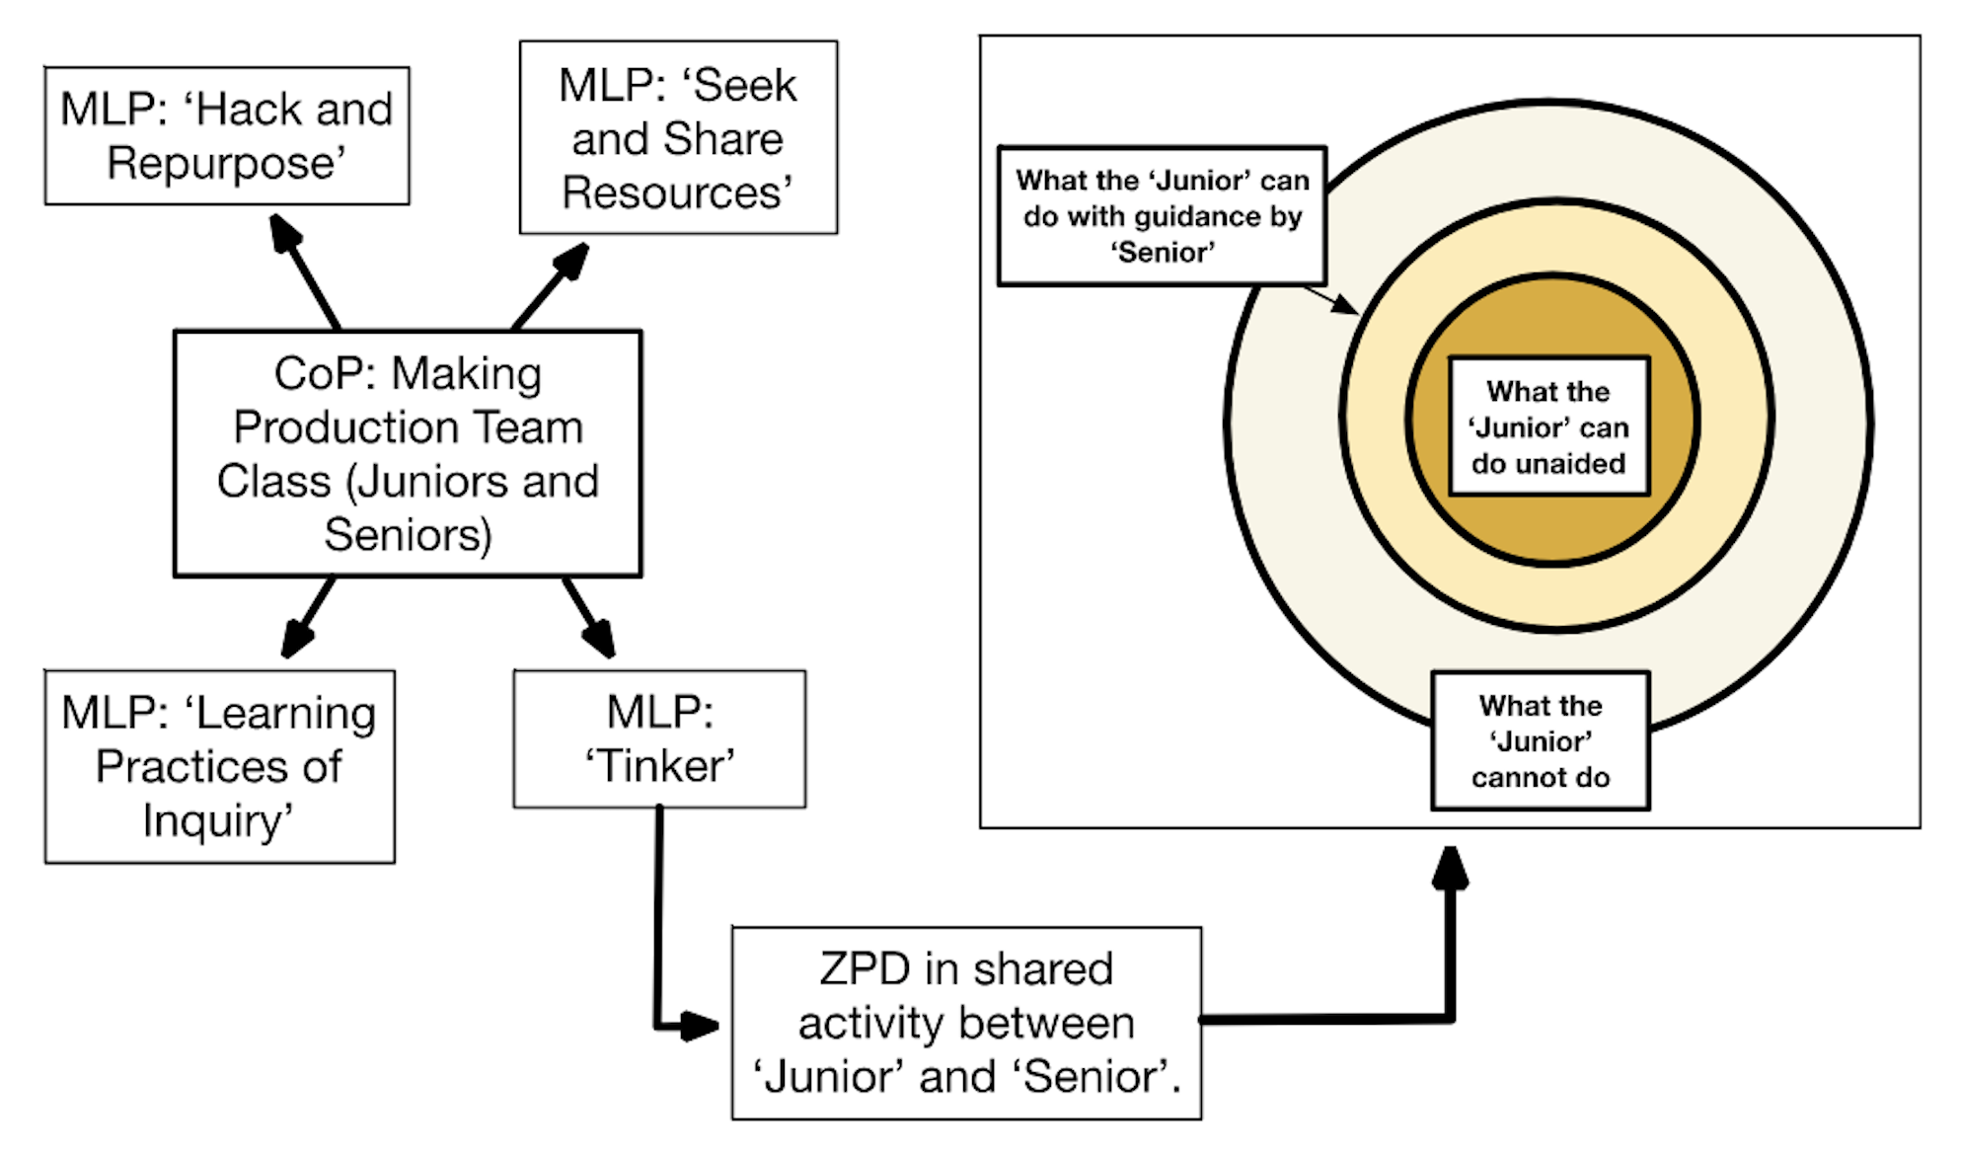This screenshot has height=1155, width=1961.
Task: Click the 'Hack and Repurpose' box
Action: [227, 136]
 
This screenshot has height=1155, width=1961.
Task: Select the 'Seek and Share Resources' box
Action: [678, 137]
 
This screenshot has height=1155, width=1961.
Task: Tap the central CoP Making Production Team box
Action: [408, 453]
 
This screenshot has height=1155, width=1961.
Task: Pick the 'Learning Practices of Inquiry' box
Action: [219, 766]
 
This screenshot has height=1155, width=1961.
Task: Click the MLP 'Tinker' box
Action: [659, 738]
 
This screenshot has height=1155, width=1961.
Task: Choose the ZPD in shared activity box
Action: [966, 1023]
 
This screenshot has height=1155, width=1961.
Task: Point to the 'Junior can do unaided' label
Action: [1548, 426]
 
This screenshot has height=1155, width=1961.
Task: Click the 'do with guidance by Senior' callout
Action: [1162, 216]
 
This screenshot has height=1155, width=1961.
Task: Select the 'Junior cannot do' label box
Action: [1540, 740]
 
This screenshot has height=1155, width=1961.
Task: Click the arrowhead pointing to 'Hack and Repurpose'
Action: [285, 233]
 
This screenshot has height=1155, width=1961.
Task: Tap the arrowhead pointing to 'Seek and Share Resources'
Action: [572, 261]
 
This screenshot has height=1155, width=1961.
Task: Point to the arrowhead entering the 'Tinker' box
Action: [599, 639]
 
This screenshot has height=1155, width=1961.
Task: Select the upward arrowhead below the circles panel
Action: [1450, 867]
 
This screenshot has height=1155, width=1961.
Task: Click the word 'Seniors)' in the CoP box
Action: [408, 535]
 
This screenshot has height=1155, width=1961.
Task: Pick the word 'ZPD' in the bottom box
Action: [865, 969]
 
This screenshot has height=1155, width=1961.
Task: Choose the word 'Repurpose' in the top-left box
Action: [226, 163]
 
